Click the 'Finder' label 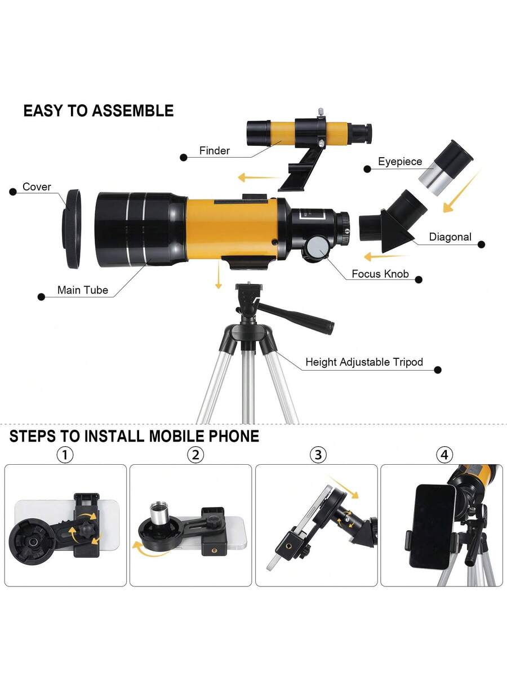coord(214,150)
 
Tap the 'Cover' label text coord(37,186)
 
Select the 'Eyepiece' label coord(400,161)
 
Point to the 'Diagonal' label coord(450,237)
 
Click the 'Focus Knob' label coord(380,274)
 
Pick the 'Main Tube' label coord(82,290)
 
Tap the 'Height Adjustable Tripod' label coord(364,362)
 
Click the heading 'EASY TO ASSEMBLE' coord(99,110)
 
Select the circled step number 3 coord(318,455)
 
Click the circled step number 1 coord(65,455)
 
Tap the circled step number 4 coord(444,455)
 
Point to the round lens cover coord(72,229)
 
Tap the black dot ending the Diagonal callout coord(482,244)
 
